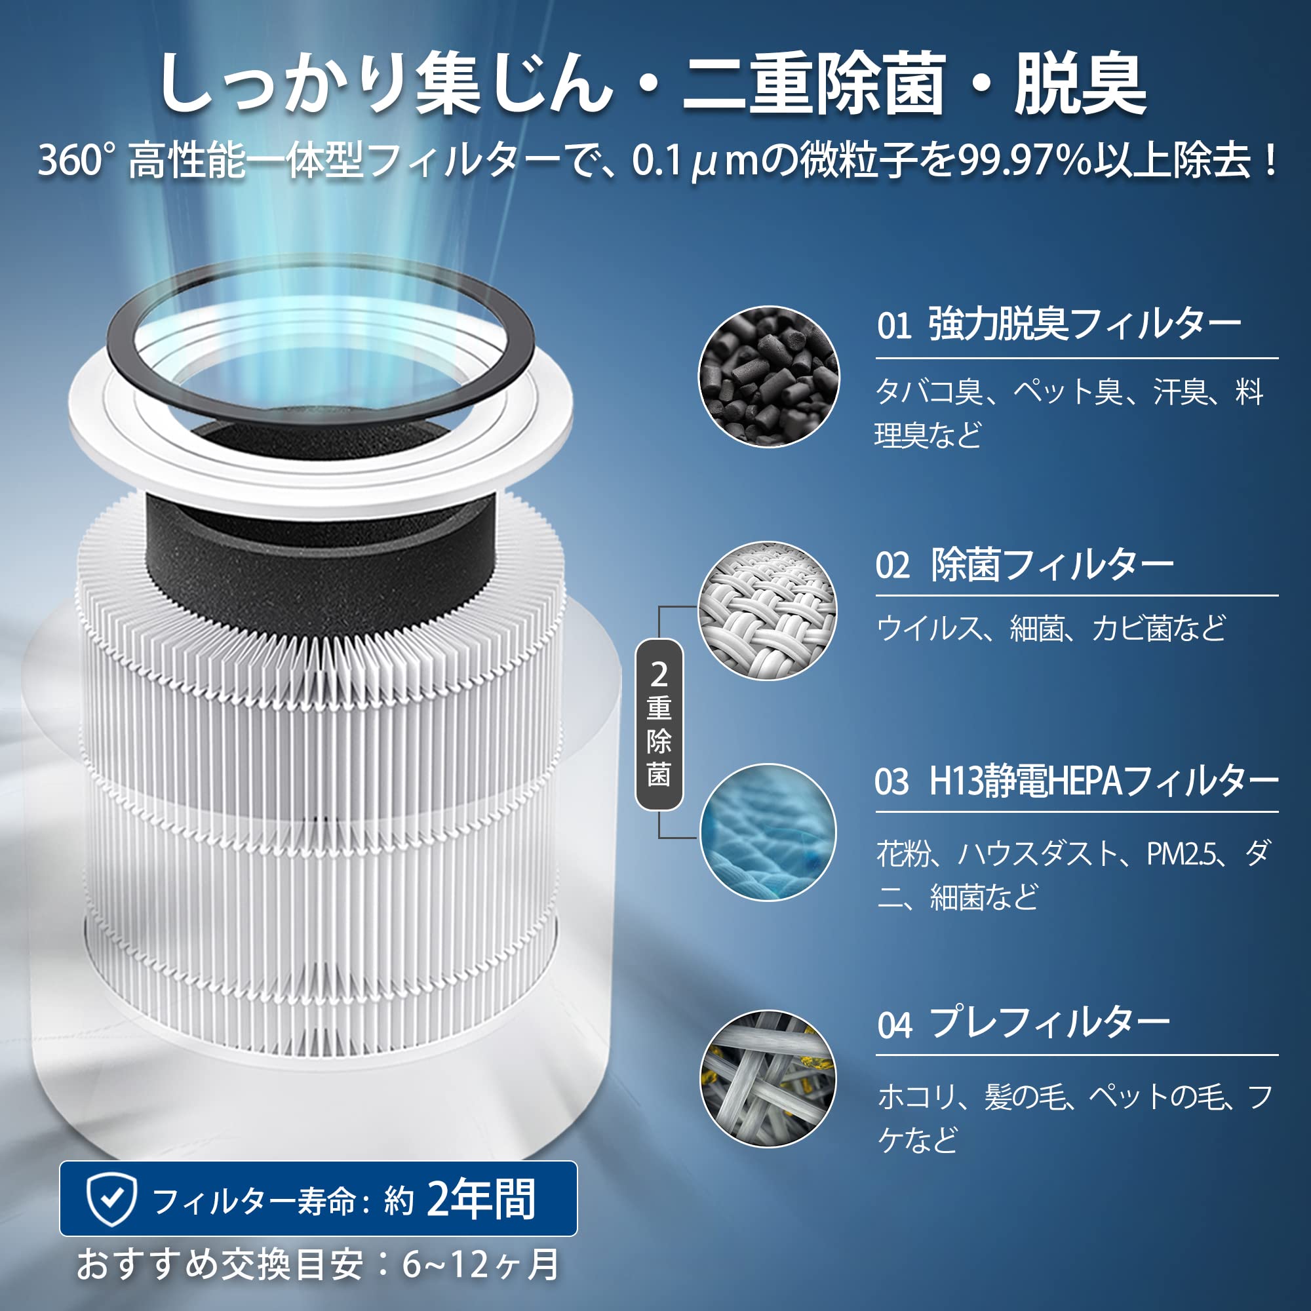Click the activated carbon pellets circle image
[x=769, y=377]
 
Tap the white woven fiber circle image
[x=768, y=611]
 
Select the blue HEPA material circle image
[x=768, y=832]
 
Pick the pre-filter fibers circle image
[x=768, y=1079]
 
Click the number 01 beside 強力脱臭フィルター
[x=893, y=326]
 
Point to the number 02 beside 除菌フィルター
[x=892, y=565]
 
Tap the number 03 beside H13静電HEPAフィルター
[x=891, y=782]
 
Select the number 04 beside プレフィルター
[x=894, y=1025]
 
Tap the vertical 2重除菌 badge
[x=659, y=725]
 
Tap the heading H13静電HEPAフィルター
[x=1103, y=782]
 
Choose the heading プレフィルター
[x=1049, y=1023]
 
